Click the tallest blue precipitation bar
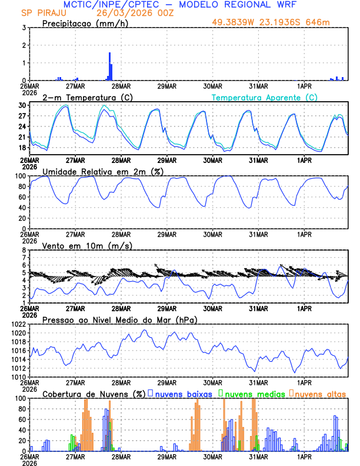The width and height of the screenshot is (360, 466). [109, 66]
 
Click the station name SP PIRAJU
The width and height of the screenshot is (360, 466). [44, 12]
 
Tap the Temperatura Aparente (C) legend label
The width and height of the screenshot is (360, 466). [264, 97]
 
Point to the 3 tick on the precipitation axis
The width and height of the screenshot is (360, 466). [24, 28]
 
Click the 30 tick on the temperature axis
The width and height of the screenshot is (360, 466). [22, 105]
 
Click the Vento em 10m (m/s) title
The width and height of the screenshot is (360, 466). [87, 245]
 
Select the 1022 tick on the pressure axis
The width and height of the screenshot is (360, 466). [18, 324]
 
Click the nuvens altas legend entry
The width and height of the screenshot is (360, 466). [319, 393]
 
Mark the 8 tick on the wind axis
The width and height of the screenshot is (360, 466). [24, 250]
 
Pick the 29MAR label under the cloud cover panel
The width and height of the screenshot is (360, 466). [166, 456]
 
